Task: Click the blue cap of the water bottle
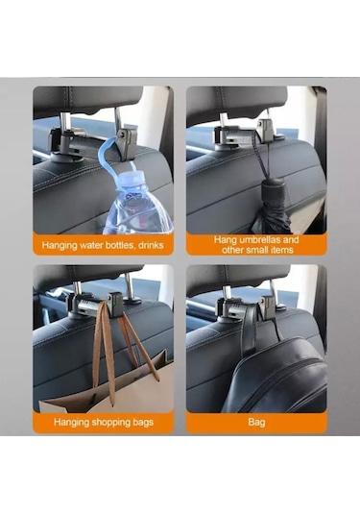135,180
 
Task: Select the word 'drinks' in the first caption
151,245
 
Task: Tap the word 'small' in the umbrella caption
255,250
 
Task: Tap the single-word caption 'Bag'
256,422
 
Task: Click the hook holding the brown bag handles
114,305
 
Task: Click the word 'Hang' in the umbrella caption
226,240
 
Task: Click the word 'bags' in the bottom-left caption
143,422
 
